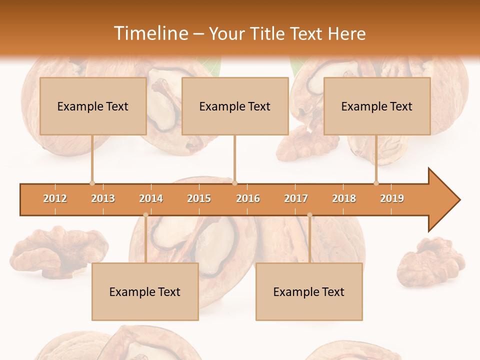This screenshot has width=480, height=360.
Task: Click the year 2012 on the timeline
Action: pos(55,198)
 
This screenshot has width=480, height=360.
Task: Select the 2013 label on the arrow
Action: pos(103,198)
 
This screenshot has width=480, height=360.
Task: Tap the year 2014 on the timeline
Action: pos(151,198)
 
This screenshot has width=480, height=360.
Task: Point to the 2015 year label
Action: pos(199,198)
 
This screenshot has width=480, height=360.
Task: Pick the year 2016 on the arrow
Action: pos(248,198)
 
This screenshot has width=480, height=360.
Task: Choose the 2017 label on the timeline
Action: pos(296,198)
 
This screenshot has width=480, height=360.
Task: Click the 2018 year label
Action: pos(344,198)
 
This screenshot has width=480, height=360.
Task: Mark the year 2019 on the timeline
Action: pos(392,198)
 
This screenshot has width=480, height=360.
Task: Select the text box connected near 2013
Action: pos(93,106)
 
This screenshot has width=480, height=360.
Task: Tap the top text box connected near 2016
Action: pos(235,106)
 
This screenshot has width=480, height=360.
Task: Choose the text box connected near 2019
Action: pos(377,106)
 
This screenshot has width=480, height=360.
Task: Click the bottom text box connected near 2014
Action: pos(145,291)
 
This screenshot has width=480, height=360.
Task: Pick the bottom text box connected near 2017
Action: pos(309,291)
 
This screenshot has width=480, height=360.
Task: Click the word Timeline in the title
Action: pos(150,33)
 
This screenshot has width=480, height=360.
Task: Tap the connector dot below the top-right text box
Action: pos(376,183)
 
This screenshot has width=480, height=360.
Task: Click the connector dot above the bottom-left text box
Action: pos(145,215)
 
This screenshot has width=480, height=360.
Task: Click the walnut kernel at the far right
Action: pos(431,260)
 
